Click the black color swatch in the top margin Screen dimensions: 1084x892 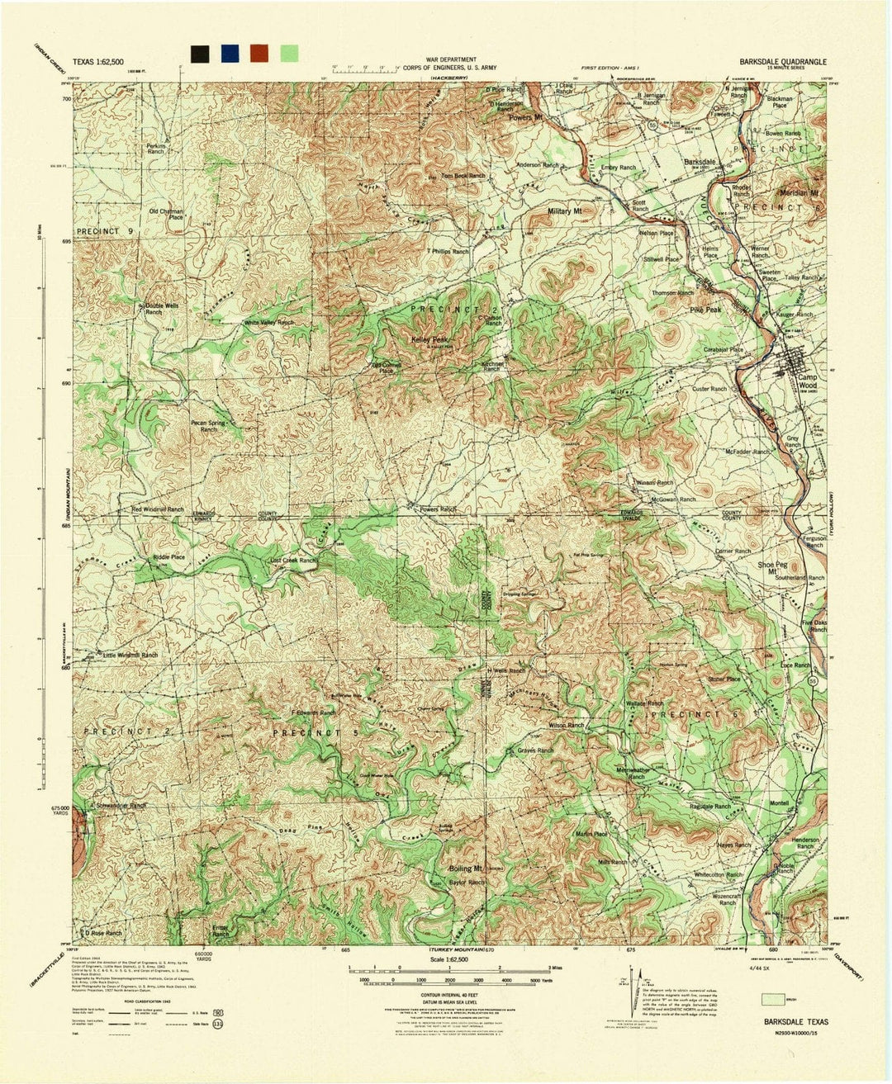click(x=199, y=54)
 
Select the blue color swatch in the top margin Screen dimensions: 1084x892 click(x=229, y=54)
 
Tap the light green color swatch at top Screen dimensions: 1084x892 click(x=288, y=54)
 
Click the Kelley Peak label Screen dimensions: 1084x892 click(x=429, y=340)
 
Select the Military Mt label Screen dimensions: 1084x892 click(x=566, y=212)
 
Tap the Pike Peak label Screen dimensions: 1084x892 click(x=705, y=310)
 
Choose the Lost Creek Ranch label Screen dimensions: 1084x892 click(x=293, y=561)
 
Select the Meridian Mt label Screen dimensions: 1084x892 click(x=801, y=193)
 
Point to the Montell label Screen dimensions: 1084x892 click(x=779, y=803)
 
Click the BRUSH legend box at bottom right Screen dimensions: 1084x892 click(x=775, y=999)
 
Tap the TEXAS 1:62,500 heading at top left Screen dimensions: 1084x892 click(x=98, y=62)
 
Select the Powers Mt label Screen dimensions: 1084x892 click(x=525, y=118)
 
